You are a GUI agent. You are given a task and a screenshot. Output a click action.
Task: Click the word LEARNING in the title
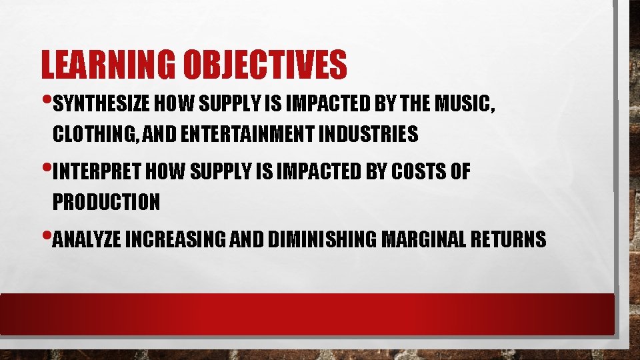click(107, 65)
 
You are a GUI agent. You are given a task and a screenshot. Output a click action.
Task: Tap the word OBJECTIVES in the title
click(264, 65)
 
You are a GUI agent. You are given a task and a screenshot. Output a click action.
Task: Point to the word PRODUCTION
click(106, 201)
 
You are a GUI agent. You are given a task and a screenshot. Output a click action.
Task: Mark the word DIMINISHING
click(321, 239)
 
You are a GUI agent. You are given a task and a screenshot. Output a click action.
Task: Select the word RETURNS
click(507, 239)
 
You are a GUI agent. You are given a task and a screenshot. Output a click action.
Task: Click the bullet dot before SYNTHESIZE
click(47, 103)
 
